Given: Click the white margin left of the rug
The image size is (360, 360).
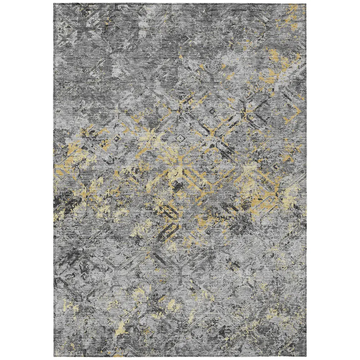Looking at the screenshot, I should pos(27,180).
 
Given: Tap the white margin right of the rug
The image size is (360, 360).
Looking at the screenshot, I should pos(333,180).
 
